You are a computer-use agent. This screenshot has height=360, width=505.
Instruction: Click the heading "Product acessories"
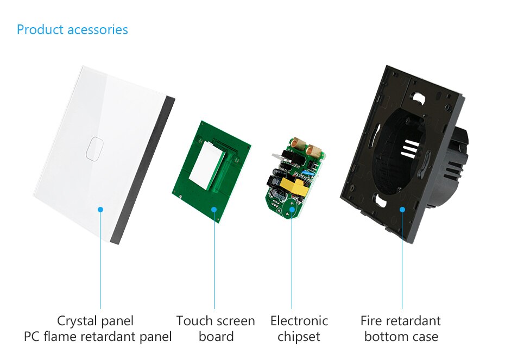tap(72, 30)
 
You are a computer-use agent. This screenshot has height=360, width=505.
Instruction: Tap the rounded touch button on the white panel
tap(94, 148)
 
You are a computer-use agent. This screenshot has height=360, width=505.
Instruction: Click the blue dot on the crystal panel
tap(100, 210)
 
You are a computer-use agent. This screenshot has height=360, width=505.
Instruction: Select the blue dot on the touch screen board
tap(214, 210)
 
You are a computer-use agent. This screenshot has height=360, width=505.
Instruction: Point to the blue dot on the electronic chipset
tap(292, 210)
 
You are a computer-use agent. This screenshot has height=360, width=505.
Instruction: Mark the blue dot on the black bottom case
tap(402, 210)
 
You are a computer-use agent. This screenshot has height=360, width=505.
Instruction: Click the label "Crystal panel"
tap(95, 321)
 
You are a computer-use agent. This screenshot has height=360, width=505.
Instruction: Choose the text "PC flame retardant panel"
tap(98, 337)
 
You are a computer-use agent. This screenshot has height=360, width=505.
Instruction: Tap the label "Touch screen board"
tap(216, 329)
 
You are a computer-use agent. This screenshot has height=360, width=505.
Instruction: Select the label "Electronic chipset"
tap(299, 329)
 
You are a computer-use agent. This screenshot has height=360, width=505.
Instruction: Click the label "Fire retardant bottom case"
tap(401, 329)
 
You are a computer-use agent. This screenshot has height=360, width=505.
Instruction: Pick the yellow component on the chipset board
tap(292, 186)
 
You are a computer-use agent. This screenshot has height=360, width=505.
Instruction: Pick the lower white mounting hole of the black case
tap(380, 201)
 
